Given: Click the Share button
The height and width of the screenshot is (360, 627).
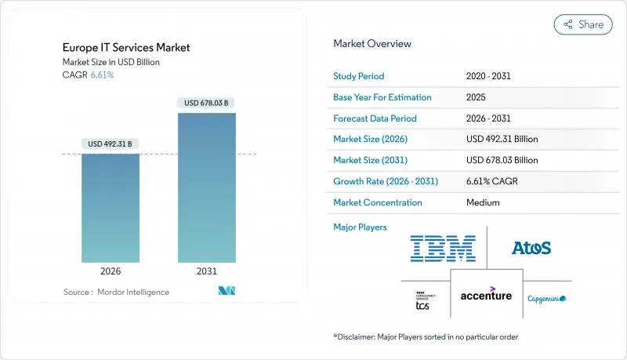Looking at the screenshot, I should pos(583,24).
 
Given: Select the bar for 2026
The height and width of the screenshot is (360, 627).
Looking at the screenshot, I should pos(111,208).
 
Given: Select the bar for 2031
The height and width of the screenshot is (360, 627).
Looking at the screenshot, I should pos(206,187).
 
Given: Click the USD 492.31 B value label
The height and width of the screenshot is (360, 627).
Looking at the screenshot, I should pos(111,144).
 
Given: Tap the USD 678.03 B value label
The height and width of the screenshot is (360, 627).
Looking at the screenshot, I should pos(206,103).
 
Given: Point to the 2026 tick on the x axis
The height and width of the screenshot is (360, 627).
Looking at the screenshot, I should pos(111,272).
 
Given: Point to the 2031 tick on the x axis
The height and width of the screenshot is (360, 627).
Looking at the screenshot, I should pos(206,272).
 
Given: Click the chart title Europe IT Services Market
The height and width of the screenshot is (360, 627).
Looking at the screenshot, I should pos(126,48).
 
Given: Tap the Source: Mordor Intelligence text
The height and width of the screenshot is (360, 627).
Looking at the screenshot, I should pos(116,292).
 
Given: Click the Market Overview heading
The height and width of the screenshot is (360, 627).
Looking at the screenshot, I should pos(372,43).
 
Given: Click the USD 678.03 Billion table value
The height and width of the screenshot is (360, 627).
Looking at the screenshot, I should pos(502,160).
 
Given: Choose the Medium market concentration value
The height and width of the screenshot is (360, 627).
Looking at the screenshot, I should pos(483,202).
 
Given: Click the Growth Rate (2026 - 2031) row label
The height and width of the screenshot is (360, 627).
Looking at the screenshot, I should pos(386,181).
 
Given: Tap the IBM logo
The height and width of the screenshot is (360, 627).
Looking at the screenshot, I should pos(443,248).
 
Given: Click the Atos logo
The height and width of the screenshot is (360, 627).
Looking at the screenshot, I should pos(531,248).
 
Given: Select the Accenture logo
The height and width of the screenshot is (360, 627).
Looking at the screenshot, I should pos(486,295).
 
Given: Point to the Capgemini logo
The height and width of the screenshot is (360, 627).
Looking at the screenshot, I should pos(546,299).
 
